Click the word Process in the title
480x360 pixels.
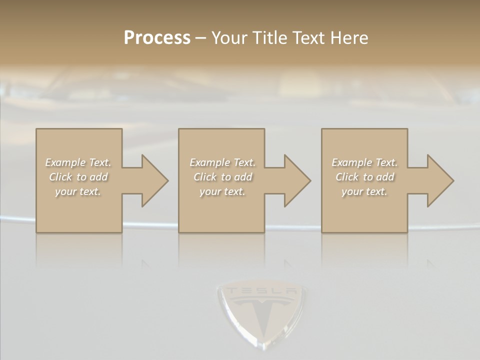pos(157,38)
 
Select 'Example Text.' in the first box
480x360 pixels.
pos(78,162)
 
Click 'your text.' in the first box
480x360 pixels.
pos(78,191)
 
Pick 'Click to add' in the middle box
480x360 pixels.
pos(222,177)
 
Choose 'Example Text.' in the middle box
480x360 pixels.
pos(222,162)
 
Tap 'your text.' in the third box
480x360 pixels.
pos(364,191)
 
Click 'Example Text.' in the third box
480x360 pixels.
pos(364,162)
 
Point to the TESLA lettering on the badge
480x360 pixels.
pos(260,291)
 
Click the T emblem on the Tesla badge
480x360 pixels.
pos(261,312)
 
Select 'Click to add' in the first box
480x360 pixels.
pos(78,177)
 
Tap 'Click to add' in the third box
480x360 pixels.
pos(364,177)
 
